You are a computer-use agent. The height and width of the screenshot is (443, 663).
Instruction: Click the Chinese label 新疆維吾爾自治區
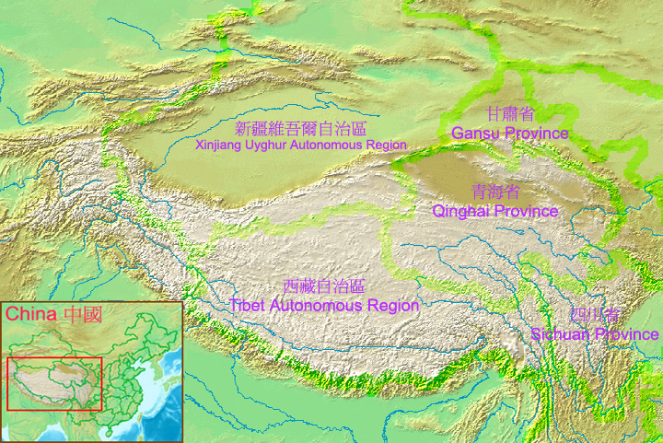[x=300, y=129]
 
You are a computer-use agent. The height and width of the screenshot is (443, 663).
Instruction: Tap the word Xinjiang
[x=217, y=146]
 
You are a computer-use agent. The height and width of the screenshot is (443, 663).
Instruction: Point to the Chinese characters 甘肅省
[x=510, y=114]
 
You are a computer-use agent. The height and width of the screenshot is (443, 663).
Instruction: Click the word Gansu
[x=473, y=134]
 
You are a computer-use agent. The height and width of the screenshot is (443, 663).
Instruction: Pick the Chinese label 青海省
[x=494, y=192]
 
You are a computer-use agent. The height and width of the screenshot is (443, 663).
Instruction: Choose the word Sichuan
[x=561, y=334]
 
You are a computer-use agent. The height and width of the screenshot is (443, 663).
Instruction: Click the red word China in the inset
[x=31, y=314]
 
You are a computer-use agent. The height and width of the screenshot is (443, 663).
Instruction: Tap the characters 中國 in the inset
[x=81, y=314]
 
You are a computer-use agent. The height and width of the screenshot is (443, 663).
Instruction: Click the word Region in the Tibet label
[x=395, y=306]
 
